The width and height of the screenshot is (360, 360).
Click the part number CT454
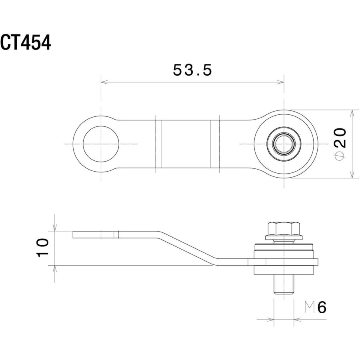coord(26,42)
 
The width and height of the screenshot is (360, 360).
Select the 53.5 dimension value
coord(192,70)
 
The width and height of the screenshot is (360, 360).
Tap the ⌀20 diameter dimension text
coord(340,144)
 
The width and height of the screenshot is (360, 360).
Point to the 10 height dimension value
coord(43,248)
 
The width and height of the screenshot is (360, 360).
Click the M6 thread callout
coord(315,307)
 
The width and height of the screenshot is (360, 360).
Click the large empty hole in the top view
coord(101,144)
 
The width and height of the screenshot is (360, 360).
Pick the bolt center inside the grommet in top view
coord(284,144)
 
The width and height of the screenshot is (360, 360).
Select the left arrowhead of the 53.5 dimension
coord(104,82)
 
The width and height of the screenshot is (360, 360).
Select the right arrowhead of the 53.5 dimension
coord(280,82)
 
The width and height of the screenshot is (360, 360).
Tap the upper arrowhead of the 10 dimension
coord(55,228)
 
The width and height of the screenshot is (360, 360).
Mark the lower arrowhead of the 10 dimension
coord(55,269)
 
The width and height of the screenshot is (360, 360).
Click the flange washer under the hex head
coord(284,237)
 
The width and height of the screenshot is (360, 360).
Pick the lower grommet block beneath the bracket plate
coord(284,270)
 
